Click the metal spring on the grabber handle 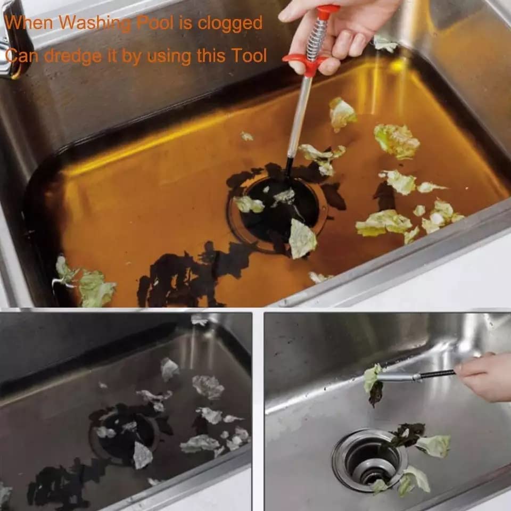pyautogui.click(x=317, y=39)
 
